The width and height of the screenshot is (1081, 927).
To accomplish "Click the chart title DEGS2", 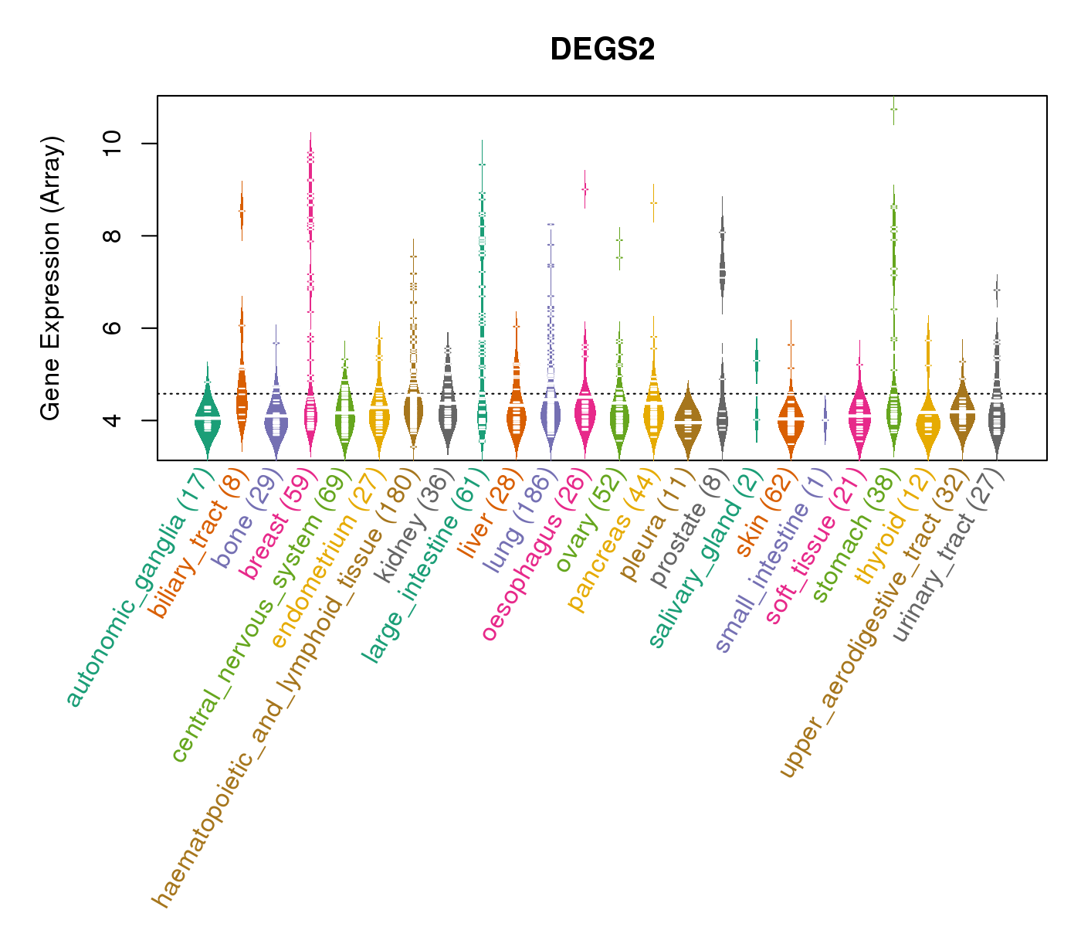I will (602, 49).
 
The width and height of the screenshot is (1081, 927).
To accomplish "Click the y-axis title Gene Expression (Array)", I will (51, 278).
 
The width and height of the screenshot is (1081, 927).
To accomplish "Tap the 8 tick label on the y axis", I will (113, 236).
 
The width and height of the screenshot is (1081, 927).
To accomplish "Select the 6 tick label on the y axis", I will (113, 328).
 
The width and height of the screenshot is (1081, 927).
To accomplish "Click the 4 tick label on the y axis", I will (113, 420).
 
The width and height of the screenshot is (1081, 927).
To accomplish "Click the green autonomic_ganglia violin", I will (207, 421).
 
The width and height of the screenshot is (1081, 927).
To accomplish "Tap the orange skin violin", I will (791, 421).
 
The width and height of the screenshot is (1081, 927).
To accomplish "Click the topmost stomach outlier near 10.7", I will (893, 110).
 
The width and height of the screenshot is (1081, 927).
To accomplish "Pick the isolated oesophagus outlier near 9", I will (585, 188).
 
